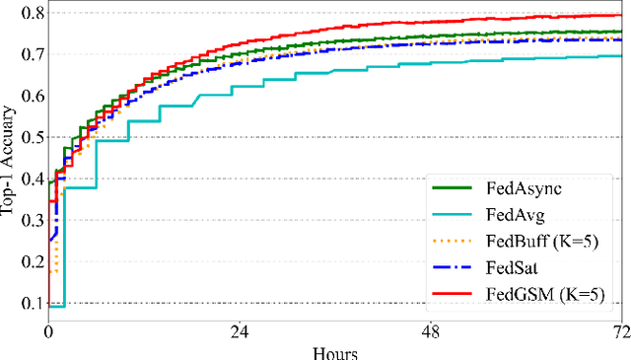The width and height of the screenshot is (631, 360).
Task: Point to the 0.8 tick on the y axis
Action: point(30,14)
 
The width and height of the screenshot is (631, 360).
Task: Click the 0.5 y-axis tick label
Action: point(30,138)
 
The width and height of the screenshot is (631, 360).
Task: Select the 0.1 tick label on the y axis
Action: point(30,304)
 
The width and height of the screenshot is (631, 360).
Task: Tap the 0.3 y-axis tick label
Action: point(30,221)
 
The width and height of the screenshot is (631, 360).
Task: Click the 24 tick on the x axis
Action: point(238,333)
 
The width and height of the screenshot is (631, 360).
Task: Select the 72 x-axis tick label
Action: point(619,333)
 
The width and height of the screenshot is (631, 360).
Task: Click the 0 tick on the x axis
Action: point(48,333)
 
